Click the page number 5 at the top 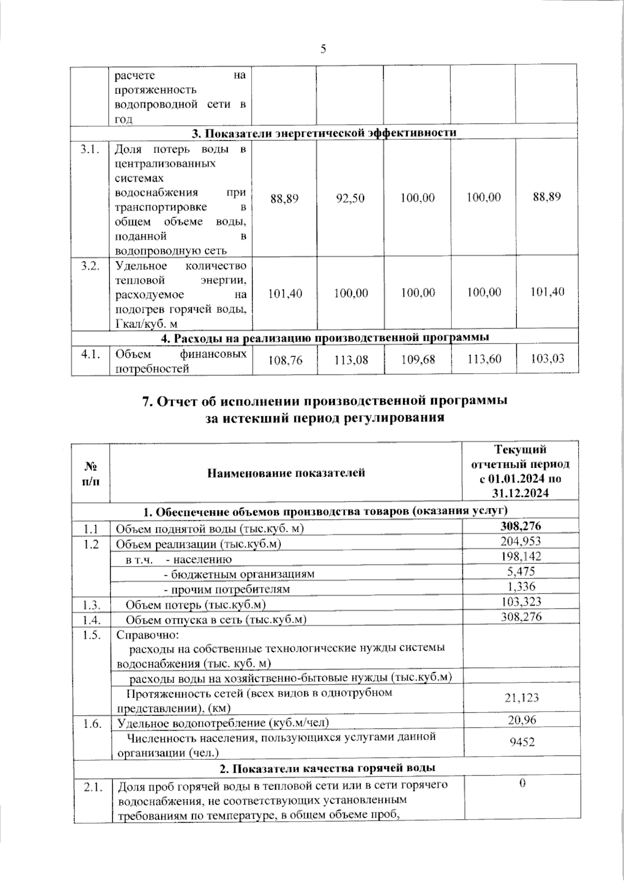click(323, 49)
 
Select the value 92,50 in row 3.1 click(350, 199)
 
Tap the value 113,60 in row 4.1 click(484, 359)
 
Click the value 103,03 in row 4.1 click(547, 358)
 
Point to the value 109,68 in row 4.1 click(418, 359)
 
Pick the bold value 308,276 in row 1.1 click(521, 526)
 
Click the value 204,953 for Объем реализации click(521, 541)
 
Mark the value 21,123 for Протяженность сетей click(522, 697)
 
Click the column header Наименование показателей click(286, 472)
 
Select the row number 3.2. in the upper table click(90, 266)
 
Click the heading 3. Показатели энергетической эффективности click(324, 133)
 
